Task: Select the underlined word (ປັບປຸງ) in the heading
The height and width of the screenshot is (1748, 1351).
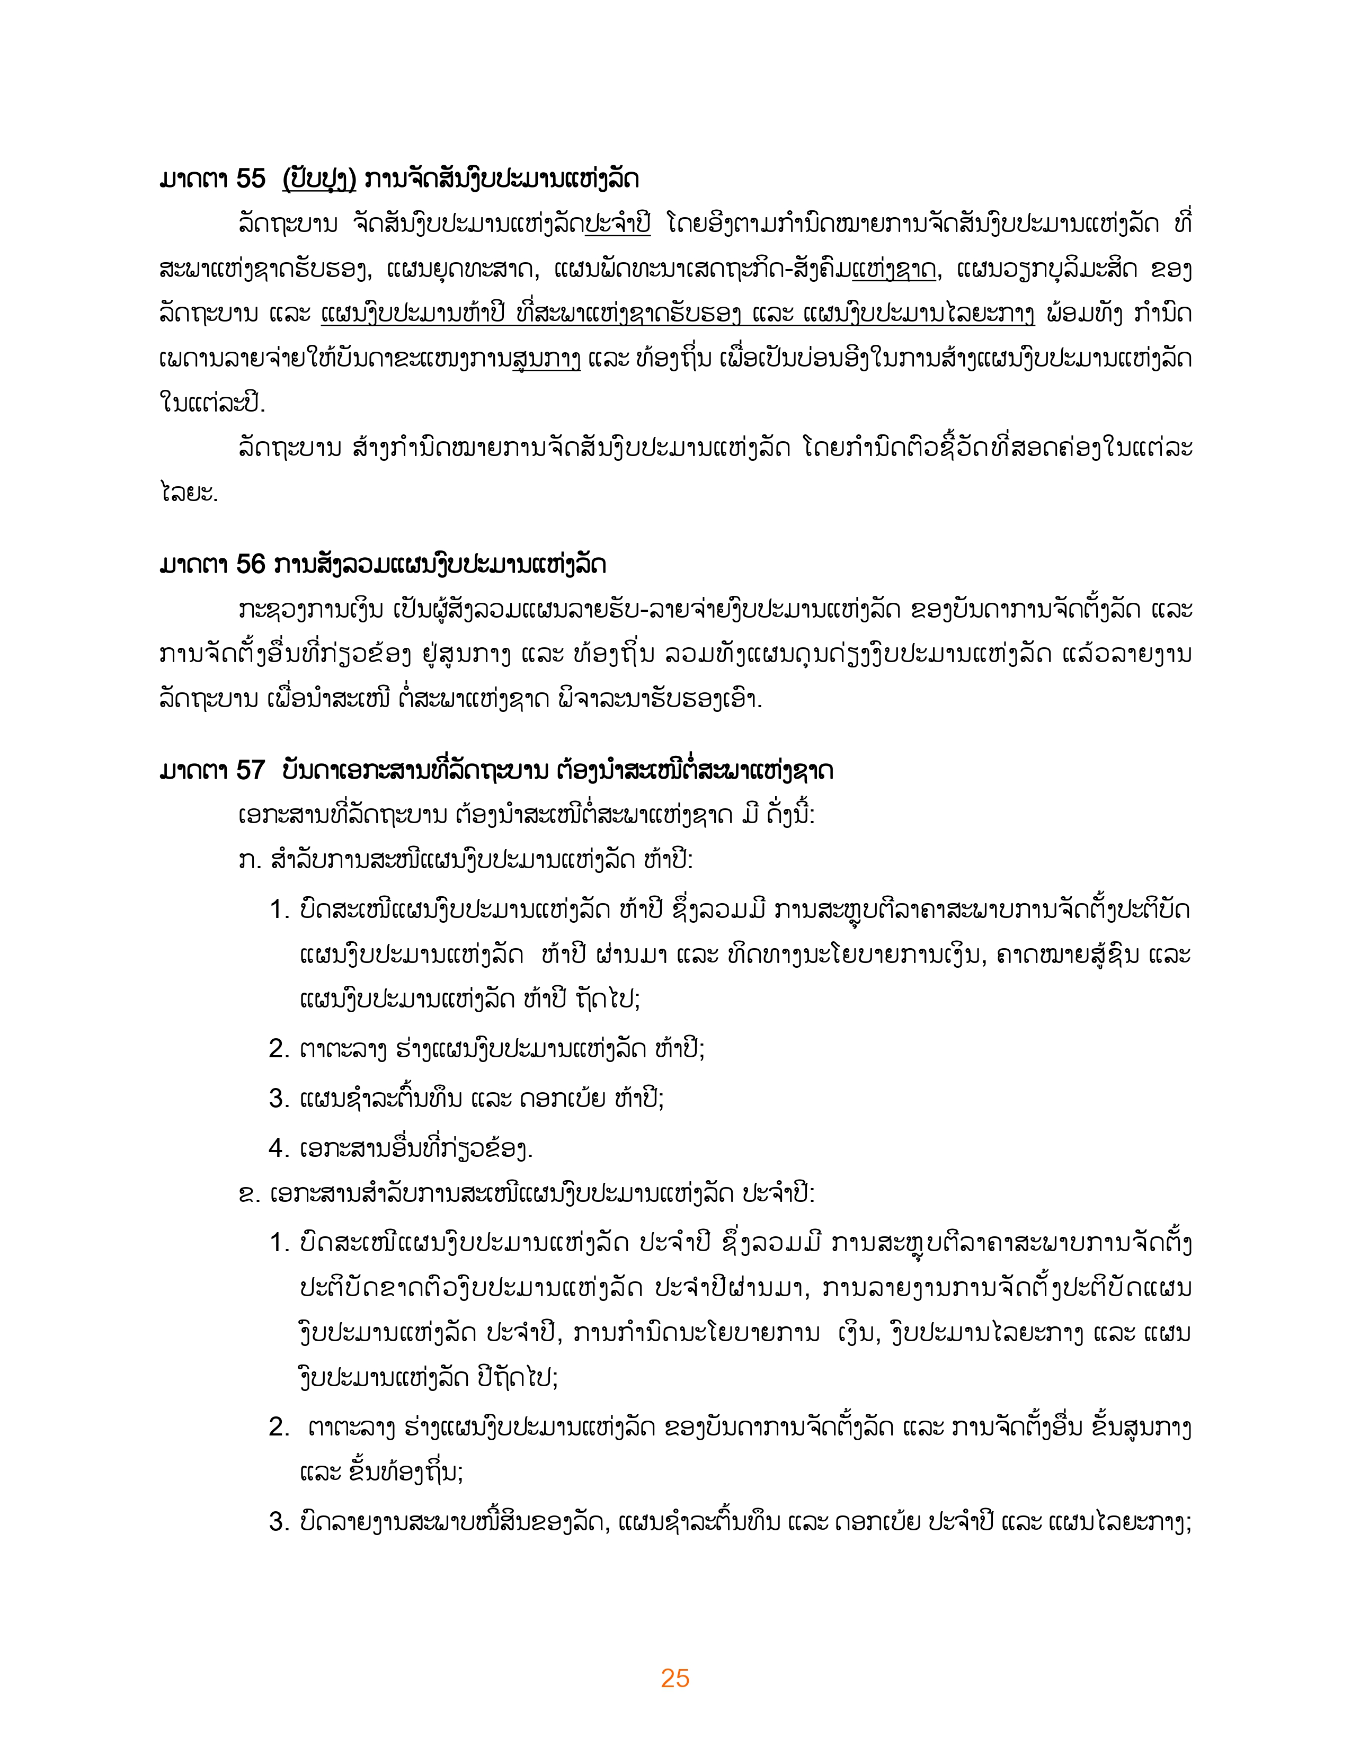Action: pyautogui.click(x=318, y=179)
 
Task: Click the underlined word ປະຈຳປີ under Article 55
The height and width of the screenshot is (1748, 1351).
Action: pyautogui.click(x=617, y=224)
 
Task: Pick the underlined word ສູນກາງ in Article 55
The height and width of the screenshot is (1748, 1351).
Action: pyautogui.click(x=547, y=359)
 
